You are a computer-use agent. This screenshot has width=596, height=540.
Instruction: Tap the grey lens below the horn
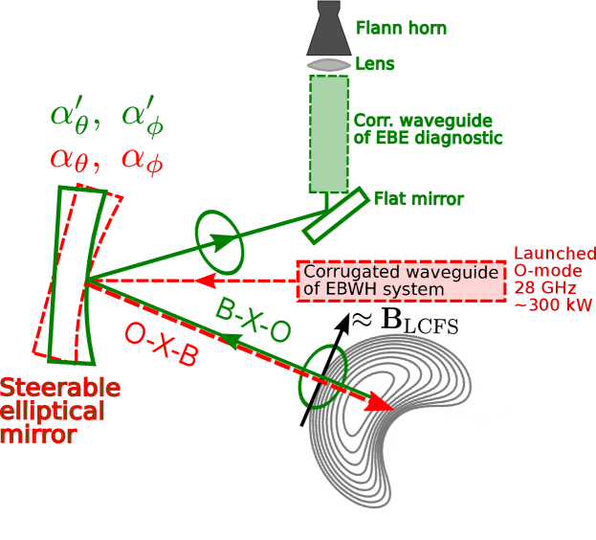pyautogui.click(x=329, y=65)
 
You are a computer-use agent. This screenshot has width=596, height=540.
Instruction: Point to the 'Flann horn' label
pyautogui.click(x=401, y=28)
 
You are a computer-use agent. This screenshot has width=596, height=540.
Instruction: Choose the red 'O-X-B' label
pyautogui.click(x=161, y=346)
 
